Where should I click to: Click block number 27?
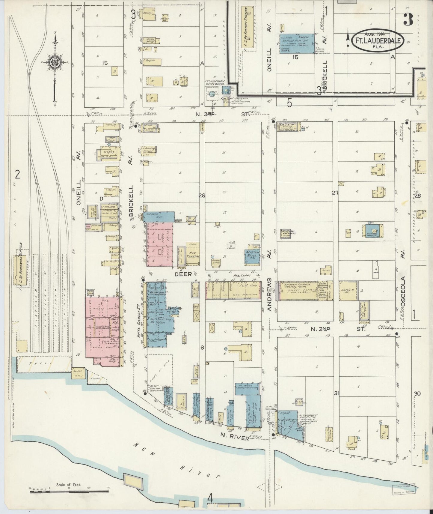pos(335,193)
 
